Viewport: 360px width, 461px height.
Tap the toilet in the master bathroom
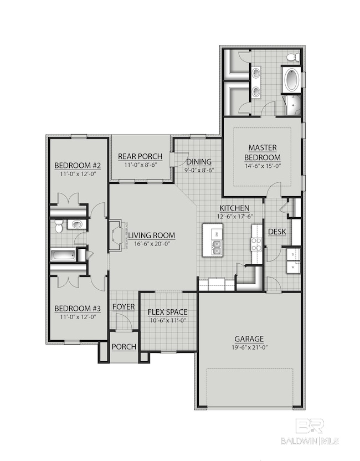[x=293, y=58]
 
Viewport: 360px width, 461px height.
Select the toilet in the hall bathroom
[x=75, y=224]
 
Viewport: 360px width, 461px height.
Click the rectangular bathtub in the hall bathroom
[x=63, y=255]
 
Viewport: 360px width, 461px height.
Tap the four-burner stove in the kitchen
[x=256, y=244]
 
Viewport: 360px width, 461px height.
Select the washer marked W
[x=292, y=267]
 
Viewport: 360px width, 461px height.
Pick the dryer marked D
[x=292, y=254]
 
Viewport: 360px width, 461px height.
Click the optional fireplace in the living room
[x=115, y=236]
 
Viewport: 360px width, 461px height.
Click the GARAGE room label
[x=248, y=339]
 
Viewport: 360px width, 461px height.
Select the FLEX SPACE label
[x=167, y=311]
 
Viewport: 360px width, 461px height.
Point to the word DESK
[x=276, y=232]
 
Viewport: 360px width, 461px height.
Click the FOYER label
[x=124, y=307]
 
